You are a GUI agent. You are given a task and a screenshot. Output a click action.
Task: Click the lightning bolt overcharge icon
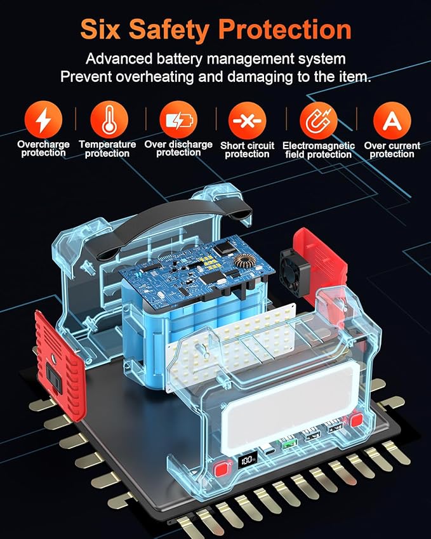pyautogui.click(x=43, y=119)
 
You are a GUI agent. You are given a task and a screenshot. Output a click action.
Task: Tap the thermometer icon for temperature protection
pyautogui.click(x=109, y=119)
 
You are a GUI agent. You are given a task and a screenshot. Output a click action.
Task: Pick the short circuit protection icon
pyautogui.click(x=248, y=121)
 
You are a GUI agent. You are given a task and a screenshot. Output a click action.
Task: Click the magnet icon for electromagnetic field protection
pyautogui.click(x=319, y=121)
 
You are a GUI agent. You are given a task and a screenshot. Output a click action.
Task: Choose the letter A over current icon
pyautogui.click(x=392, y=121)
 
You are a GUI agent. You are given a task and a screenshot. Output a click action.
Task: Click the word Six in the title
pyautogui.click(x=100, y=29)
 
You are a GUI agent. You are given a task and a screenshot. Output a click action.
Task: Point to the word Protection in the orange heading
pyautogui.click(x=285, y=29)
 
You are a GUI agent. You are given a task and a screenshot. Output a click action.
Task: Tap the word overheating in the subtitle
pyautogui.click(x=154, y=76)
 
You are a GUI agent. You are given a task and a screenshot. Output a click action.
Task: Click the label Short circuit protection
pyautogui.click(x=247, y=150)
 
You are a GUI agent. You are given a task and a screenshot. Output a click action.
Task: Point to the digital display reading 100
pyautogui.click(x=248, y=459)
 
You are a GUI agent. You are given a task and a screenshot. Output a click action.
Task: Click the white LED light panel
pyautogui.click(x=231, y=347)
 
